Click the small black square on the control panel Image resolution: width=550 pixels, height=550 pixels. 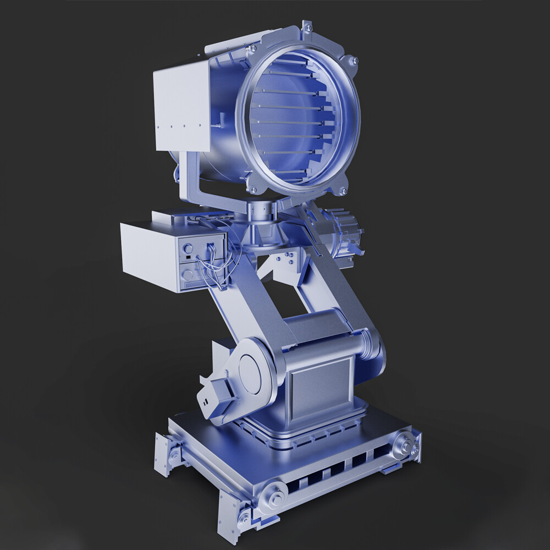(188, 257)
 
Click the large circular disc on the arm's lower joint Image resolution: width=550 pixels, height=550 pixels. (254, 373)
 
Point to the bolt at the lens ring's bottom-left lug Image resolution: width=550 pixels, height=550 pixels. (254, 190)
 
